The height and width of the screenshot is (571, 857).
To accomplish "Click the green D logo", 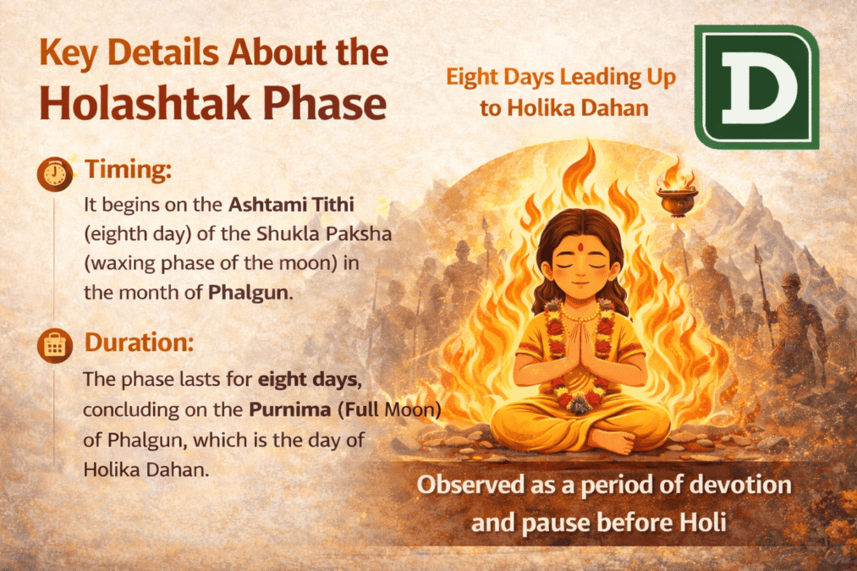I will tap(755, 86).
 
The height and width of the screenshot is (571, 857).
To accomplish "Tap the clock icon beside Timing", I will tap(55, 173).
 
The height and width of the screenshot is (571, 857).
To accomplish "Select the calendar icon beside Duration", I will tap(55, 345).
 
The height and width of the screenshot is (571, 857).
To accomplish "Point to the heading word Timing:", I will tap(129, 170).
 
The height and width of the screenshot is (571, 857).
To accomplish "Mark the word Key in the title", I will tap(70, 53).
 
